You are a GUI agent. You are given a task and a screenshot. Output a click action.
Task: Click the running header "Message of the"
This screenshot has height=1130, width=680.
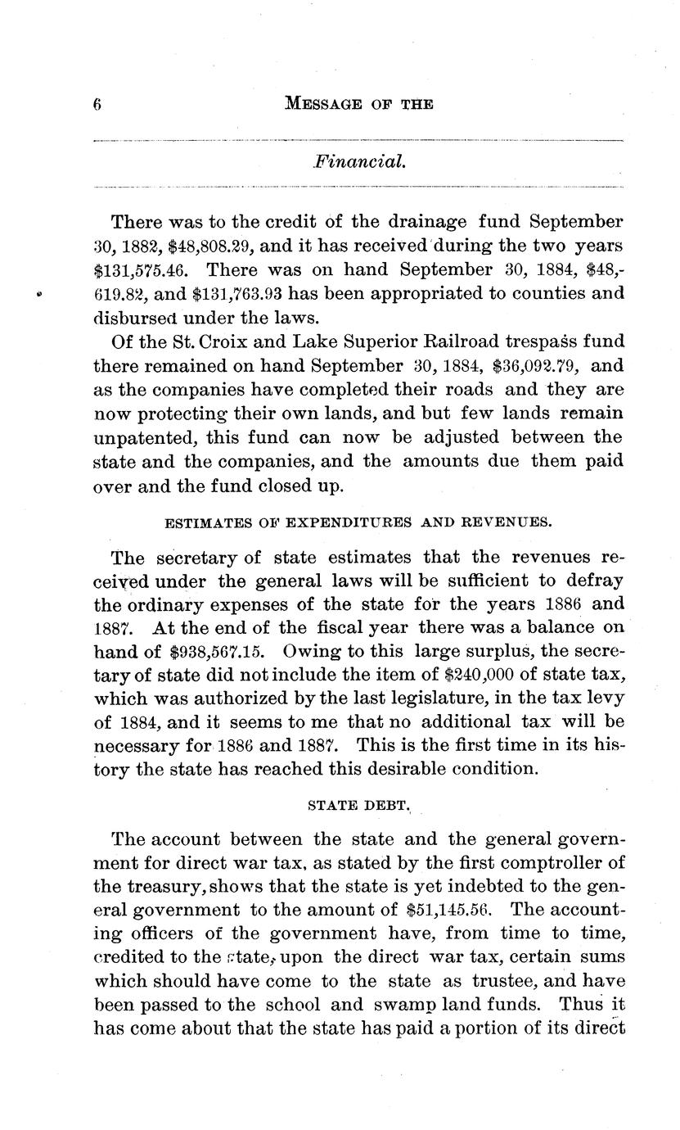point(358,104)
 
